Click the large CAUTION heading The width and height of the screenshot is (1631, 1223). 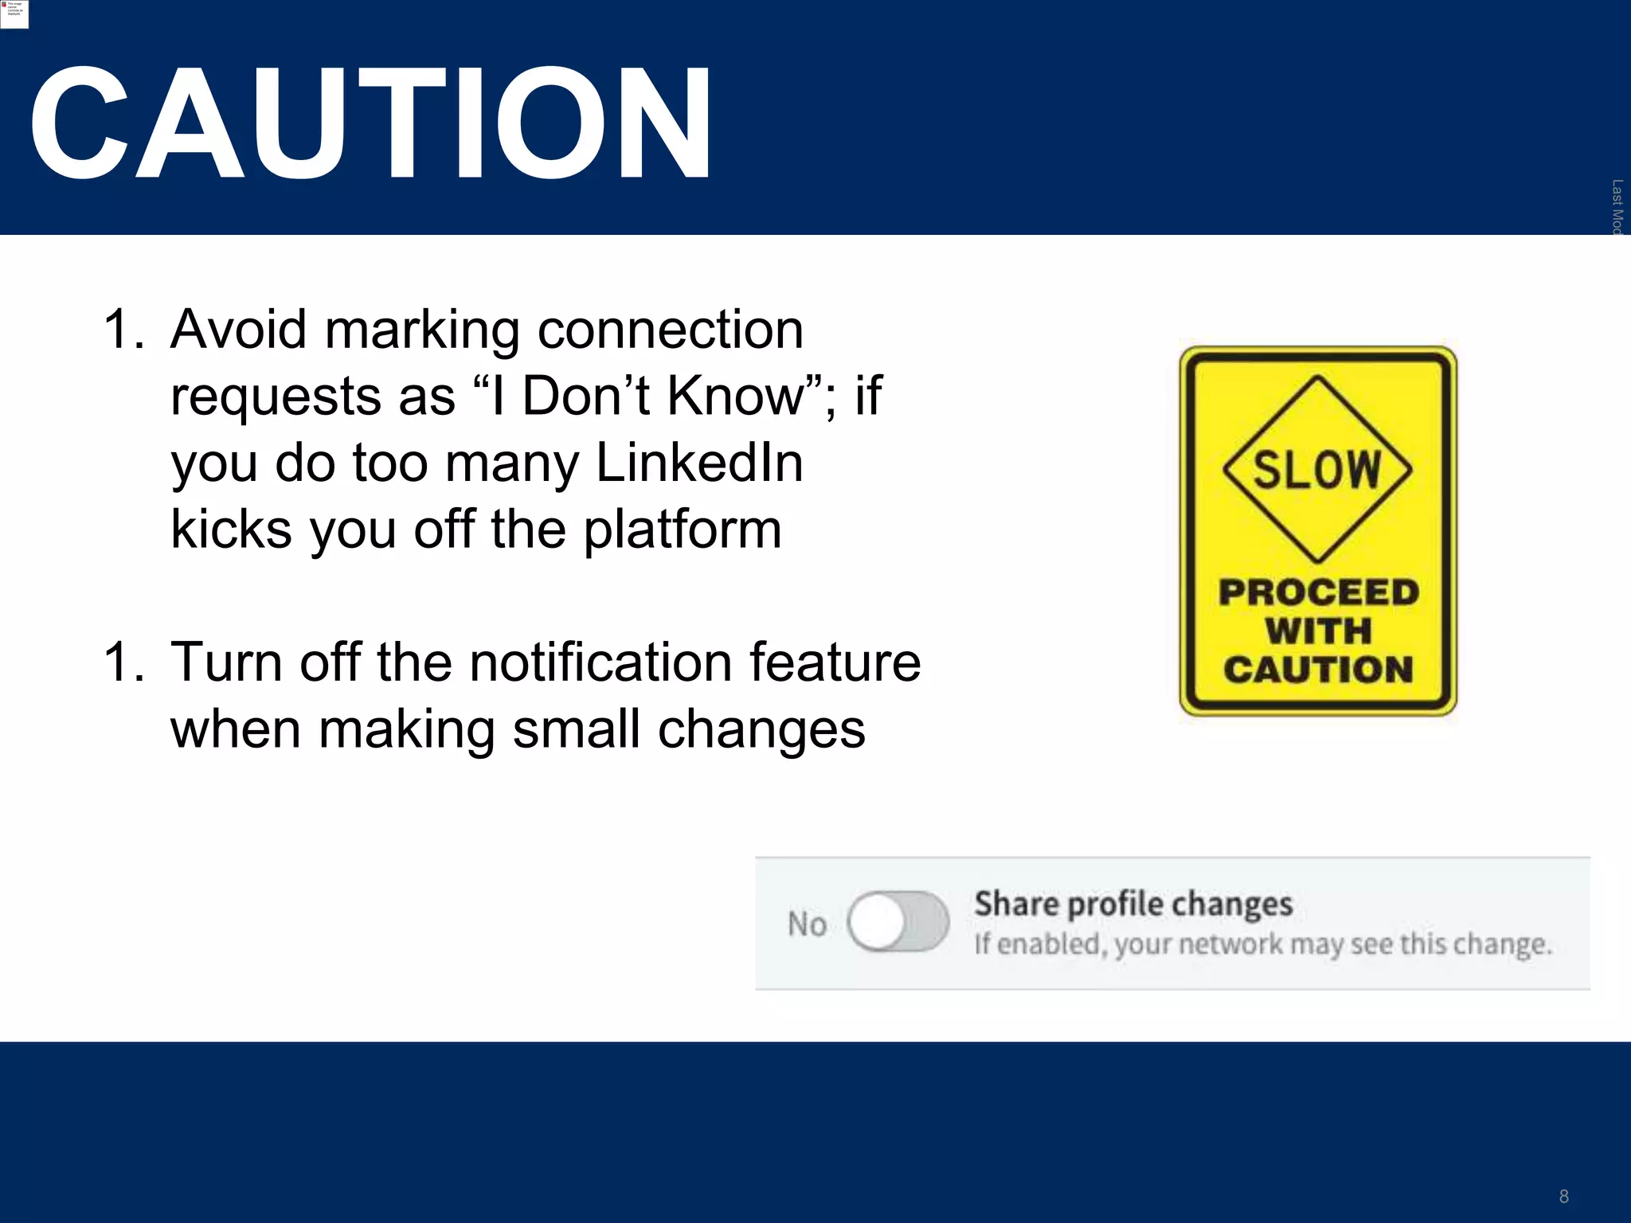(370, 123)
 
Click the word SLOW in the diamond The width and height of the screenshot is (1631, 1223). (1317, 469)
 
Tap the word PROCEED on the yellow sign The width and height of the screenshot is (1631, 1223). (1319, 592)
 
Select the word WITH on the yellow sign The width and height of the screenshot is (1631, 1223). (1319, 631)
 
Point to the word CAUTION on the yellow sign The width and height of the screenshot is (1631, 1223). (1319, 670)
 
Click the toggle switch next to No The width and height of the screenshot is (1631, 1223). (898, 922)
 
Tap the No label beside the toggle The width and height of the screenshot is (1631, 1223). (807, 924)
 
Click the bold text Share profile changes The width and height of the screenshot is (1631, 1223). (1133, 904)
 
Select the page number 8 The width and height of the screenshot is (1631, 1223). (1563, 1196)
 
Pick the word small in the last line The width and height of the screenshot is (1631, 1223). (577, 729)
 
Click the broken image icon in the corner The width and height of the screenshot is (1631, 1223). (14, 14)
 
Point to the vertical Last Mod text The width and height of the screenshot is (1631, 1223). (1617, 206)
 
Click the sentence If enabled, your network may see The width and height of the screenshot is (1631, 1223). (1263, 944)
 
